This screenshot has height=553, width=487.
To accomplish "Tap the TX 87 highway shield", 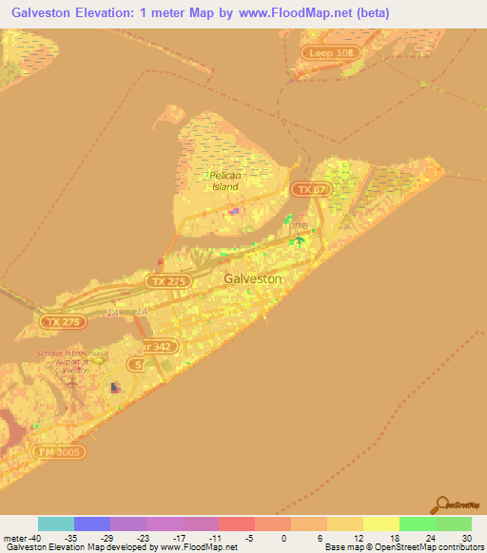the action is pyautogui.click(x=305, y=190).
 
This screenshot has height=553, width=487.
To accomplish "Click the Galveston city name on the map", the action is pyautogui.click(x=253, y=279).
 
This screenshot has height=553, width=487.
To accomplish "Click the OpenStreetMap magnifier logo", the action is pyautogui.click(x=443, y=505).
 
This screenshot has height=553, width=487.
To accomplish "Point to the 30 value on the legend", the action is pyautogui.click(x=465, y=538).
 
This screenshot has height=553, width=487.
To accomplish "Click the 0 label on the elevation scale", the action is pyautogui.click(x=283, y=538).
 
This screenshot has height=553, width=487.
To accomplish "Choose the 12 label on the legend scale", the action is pyautogui.click(x=356, y=538).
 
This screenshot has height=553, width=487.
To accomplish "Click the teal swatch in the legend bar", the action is pyautogui.click(x=56, y=524).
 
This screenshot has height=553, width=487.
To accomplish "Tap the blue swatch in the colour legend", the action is pyautogui.click(x=92, y=524).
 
